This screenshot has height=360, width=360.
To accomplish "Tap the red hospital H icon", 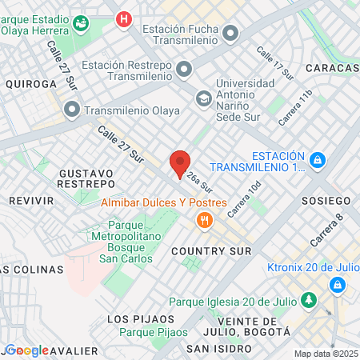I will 123,18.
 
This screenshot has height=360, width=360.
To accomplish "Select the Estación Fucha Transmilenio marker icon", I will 231,34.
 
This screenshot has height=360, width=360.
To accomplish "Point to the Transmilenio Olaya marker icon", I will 72,109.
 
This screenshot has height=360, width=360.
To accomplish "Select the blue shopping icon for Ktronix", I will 337,285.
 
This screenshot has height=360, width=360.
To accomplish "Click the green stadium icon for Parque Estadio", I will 80,23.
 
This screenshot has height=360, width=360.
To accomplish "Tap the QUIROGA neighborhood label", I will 31,83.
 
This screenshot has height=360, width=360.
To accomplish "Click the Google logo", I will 26,350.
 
